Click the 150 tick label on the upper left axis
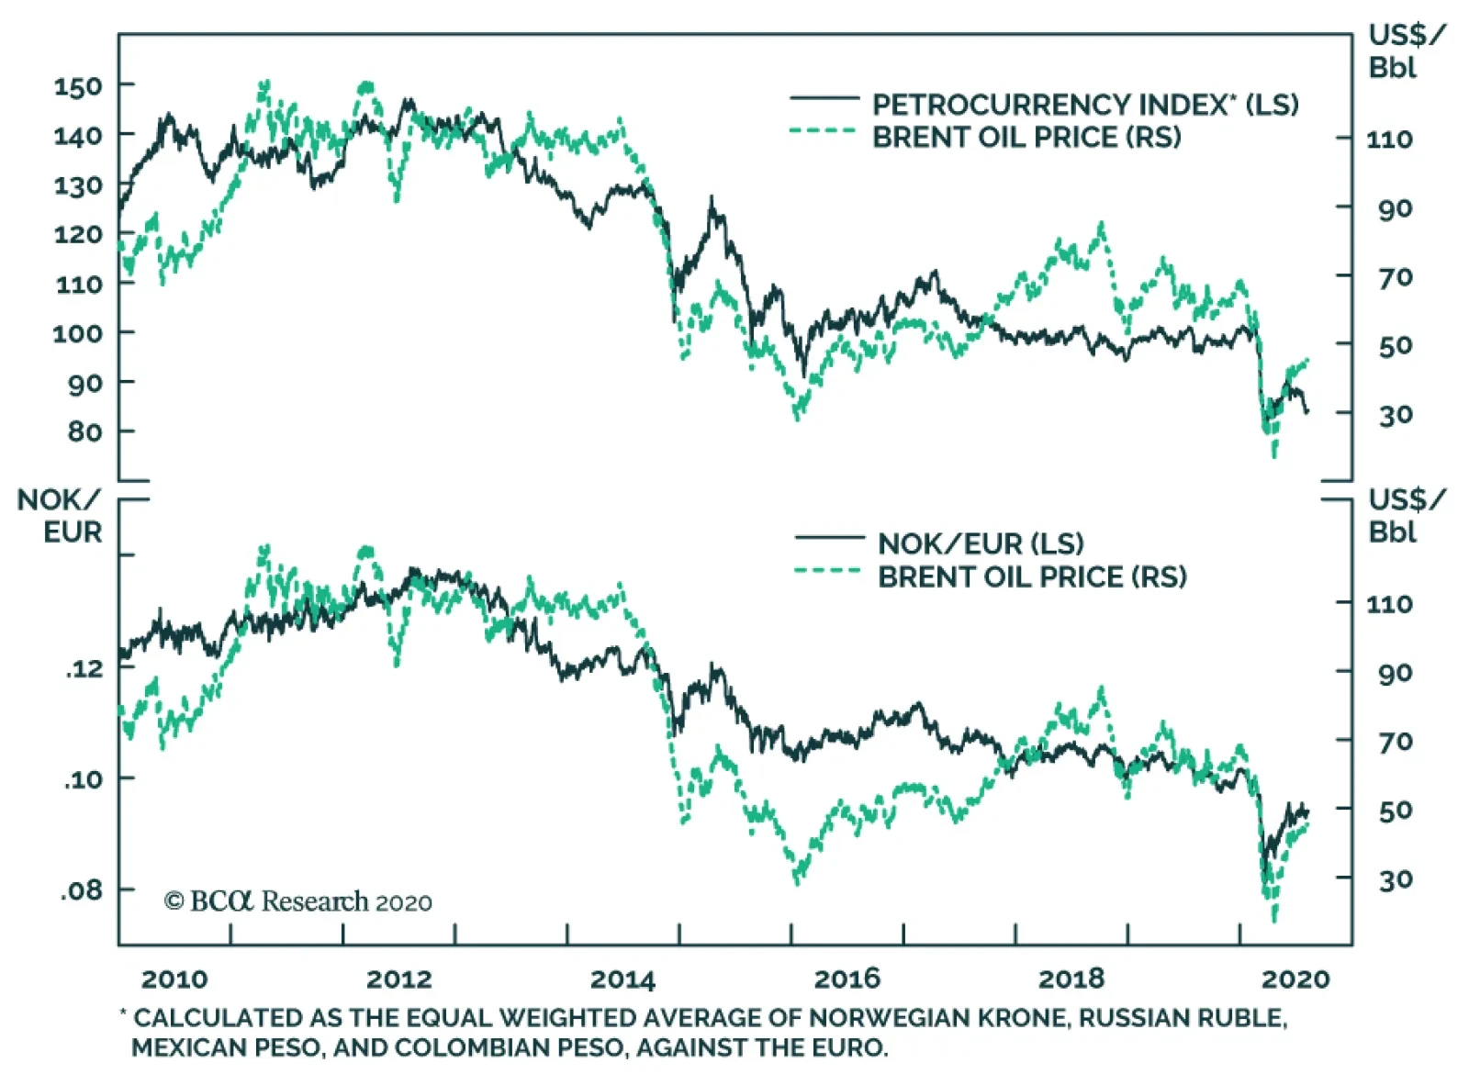[78, 87]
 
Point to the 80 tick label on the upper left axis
[84, 431]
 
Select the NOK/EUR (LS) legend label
[981, 543]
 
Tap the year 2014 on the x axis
[622, 979]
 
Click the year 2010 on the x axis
[174, 979]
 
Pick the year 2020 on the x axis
[1295, 979]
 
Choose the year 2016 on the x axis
[847, 979]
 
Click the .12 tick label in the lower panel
[84, 668]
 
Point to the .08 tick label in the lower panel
[83, 890]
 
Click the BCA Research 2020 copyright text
[298, 901]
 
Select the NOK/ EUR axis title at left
[61, 516]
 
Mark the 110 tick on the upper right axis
[1389, 140]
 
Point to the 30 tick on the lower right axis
[1395, 879]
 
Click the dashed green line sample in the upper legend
[823, 131]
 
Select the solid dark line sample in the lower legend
[829, 538]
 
